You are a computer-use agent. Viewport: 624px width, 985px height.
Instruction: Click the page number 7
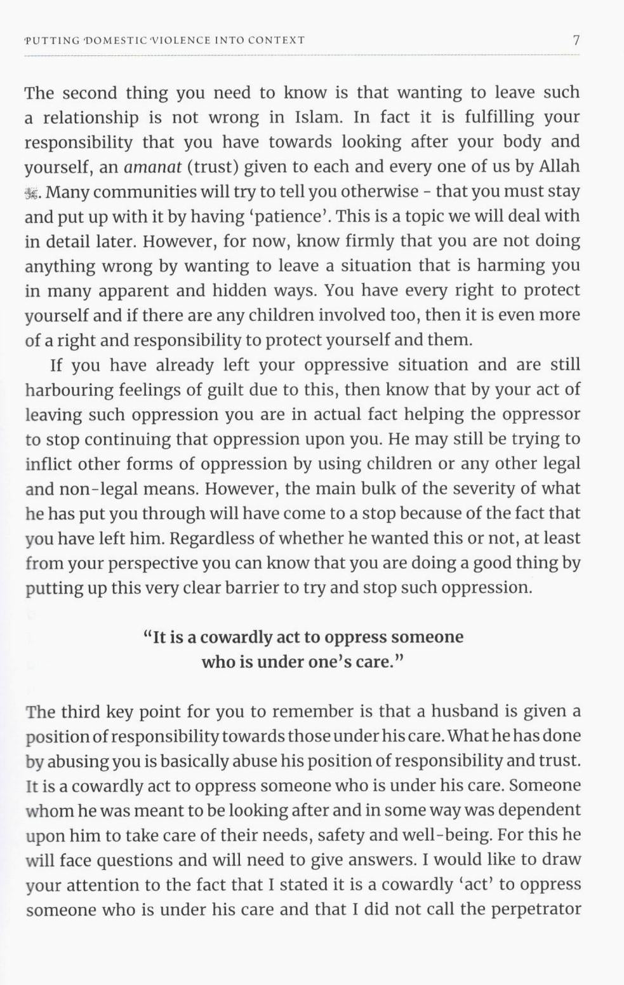pos(576,40)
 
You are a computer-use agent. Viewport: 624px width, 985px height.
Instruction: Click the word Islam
pos(318,118)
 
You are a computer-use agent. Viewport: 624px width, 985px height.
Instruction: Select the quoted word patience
pos(296,217)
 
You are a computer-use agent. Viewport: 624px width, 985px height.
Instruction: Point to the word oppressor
pos(541,415)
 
